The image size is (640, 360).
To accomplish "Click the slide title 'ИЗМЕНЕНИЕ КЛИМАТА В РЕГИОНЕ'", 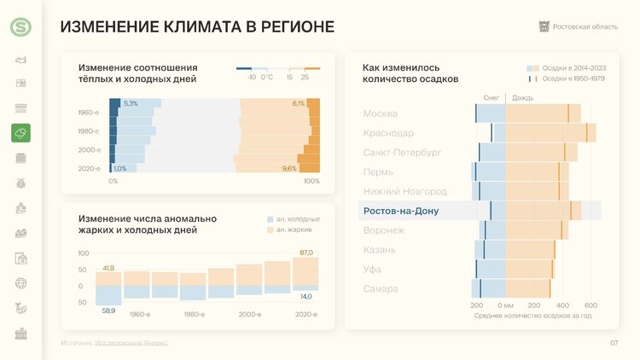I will [197, 27].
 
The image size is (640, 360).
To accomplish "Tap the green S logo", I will [20, 27].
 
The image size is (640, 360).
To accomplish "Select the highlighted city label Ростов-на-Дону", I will [401, 211].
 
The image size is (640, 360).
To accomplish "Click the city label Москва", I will [381, 113].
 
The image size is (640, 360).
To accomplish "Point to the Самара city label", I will [381, 289].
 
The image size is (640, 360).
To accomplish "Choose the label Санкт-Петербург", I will [402, 153].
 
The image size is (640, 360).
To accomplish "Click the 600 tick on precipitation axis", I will [591, 305].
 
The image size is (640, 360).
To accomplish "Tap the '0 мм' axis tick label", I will [504, 305].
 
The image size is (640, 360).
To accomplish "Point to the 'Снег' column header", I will [491, 98].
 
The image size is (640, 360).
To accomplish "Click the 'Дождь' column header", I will [523, 98].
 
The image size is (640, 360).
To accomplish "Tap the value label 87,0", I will [306, 253].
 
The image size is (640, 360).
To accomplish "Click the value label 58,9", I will [108, 311].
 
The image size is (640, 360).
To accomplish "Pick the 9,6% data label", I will [289, 169].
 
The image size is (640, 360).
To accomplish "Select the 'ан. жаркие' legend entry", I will [294, 229].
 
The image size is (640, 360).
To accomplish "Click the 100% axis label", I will [311, 181].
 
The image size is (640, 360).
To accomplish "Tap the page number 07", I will [614, 343].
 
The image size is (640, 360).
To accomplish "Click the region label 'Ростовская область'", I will [585, 27].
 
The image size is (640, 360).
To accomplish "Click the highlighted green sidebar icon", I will [20, 132].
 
